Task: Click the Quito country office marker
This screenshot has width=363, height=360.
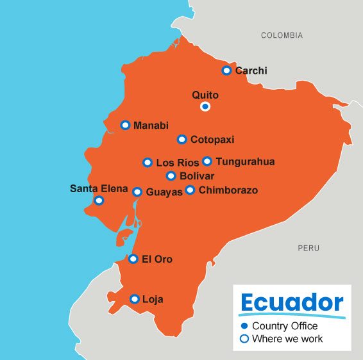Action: [205, 106]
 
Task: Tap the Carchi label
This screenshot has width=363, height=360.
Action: [251, 71]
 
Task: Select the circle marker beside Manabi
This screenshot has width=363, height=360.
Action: [126, 125]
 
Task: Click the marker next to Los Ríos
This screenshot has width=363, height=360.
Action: [148, 163]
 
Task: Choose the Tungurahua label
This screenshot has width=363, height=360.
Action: [245, 162]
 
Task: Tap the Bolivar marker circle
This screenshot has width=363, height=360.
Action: [171, 176]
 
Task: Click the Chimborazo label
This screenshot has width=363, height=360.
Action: [228, 190]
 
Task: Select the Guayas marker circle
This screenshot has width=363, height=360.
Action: [137, 192]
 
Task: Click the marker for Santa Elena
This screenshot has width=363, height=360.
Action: [99, 200]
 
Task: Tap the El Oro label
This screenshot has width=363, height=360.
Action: [157, 259]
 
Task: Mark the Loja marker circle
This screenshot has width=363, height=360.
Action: [135, 299]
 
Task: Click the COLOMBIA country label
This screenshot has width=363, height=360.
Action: [282, 36]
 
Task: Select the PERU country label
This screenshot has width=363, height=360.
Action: [308, 248]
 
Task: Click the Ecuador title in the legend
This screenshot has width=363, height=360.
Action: [291, 303]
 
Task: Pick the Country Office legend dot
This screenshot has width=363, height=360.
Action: [244, 326]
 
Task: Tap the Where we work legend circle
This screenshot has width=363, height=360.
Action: [244, 339]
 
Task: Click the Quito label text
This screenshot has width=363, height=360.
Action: [205, 95]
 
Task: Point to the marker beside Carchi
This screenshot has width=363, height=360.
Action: [226, 70]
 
